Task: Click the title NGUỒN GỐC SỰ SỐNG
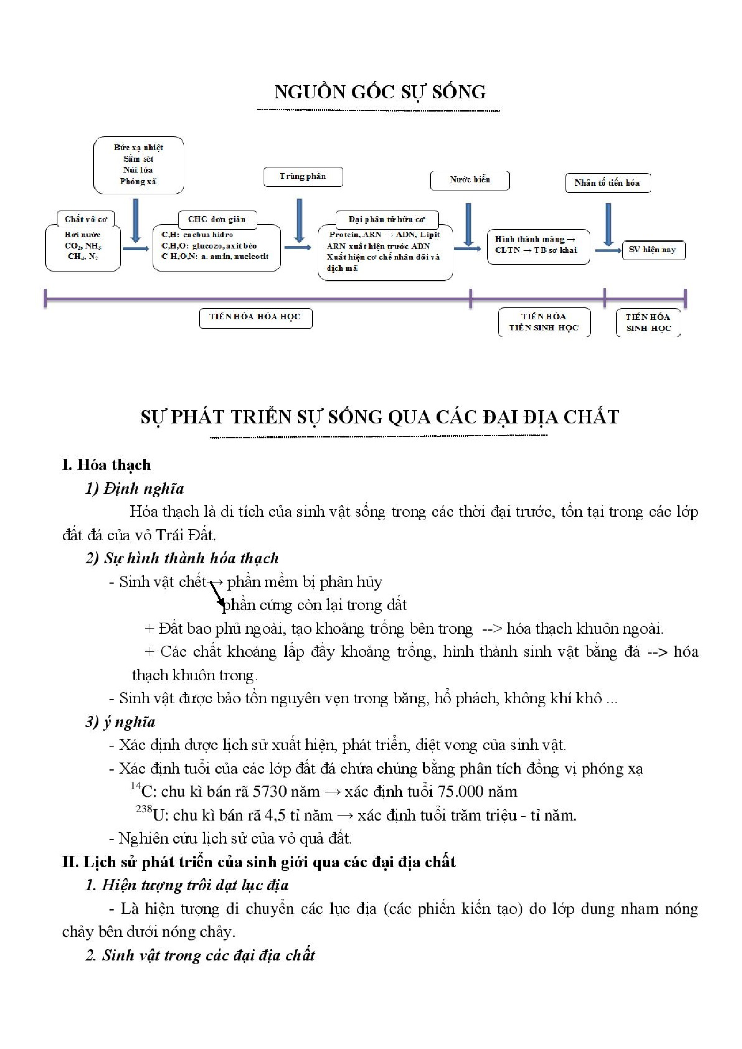click(x=380, y=92)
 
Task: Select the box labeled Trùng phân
click(x=303, y=176)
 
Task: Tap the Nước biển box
click(x=469, y=180)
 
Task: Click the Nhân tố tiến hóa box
click(x=608, y=183)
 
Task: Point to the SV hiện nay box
click(x=653, y=250)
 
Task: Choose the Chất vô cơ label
click(x=86, y=219)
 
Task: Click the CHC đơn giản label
click(x=217, y=219)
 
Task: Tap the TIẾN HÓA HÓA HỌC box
click(x=255, y=318)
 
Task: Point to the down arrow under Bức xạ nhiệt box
click(x=135, y=220)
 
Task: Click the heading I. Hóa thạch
click(x=106, y=465)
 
